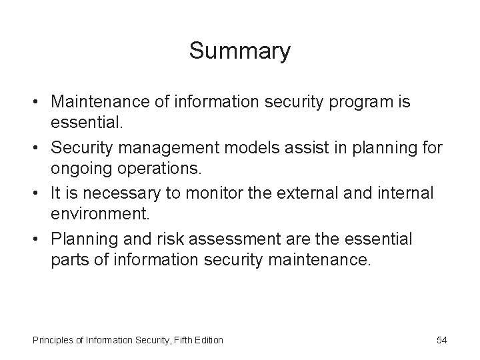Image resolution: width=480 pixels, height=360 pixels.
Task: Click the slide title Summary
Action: pos(239,51)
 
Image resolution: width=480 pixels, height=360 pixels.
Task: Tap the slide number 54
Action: pos(441,341)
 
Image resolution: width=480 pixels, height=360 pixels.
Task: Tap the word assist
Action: pos(317,147)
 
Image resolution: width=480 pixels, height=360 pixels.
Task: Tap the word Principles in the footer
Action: pos(53,341)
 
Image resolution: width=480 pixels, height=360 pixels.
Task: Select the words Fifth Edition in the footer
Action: pos(198,341)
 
